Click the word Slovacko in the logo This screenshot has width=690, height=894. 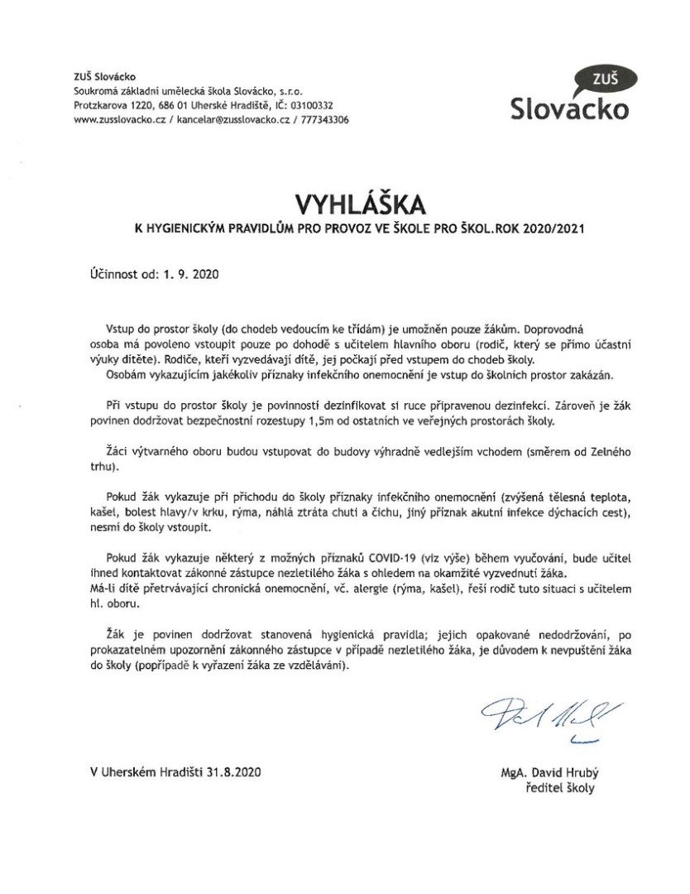[x=569, y=108]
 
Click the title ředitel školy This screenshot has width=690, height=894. [x=560, y=788]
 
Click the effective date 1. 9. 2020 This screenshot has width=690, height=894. [x=194, y=272]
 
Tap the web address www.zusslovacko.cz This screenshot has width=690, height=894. [x=121, y=119]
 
